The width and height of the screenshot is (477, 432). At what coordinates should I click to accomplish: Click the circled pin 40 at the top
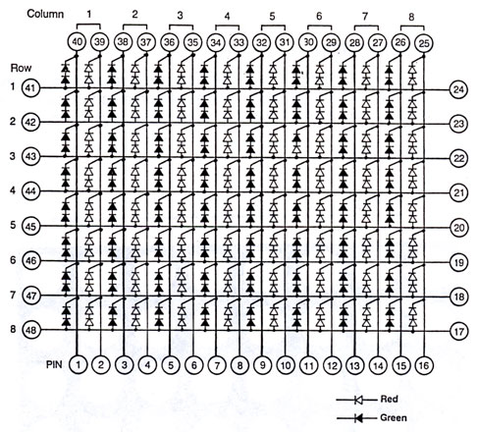coord(77,42)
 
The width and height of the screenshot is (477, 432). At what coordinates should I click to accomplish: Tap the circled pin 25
coord(424,43)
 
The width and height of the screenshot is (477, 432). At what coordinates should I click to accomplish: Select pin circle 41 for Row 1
coord(30,88)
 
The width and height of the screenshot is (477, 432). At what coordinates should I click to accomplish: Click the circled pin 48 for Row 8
coord(31,330)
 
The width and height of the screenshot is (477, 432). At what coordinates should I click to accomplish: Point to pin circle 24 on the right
coord(458,89)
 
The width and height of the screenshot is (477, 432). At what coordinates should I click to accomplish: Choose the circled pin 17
coord(459,331)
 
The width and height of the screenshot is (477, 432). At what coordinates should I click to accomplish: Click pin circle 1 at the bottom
coord(78,364)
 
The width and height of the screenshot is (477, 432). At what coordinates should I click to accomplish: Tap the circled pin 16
coord(424,365)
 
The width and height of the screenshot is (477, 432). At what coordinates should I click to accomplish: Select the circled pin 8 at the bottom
coord(239,365)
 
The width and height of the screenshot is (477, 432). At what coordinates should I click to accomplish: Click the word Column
coord(45,14)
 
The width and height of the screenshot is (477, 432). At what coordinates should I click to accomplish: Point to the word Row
coord(21,68)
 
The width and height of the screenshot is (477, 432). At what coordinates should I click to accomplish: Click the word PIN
coord(54,364)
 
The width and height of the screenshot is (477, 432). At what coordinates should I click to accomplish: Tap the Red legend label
coord(389,399)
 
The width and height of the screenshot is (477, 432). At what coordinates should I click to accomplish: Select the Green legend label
coord(394,418)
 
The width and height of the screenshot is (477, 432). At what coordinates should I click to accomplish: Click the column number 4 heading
coord(227,16)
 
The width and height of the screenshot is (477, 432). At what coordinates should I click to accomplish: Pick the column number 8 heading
coord(411,17)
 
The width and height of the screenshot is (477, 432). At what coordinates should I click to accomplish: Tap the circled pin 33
coord(238,42)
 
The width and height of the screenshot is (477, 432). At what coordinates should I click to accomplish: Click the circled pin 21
coord(459,192)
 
